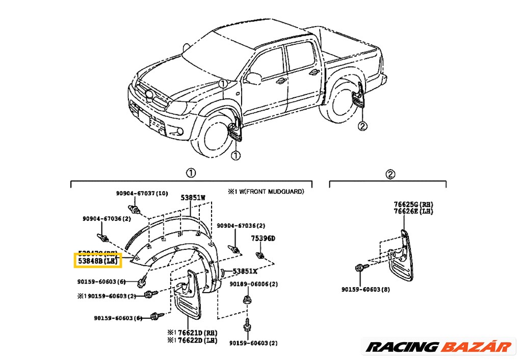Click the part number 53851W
tap(193, 197)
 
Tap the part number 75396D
tap(262, 239)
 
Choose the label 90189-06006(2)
tap(253, 285)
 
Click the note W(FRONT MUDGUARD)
tap(269, 192)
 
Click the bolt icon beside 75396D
tap(260, 255)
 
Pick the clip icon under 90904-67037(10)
tap(135, 210)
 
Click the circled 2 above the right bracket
tap(389, 174)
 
